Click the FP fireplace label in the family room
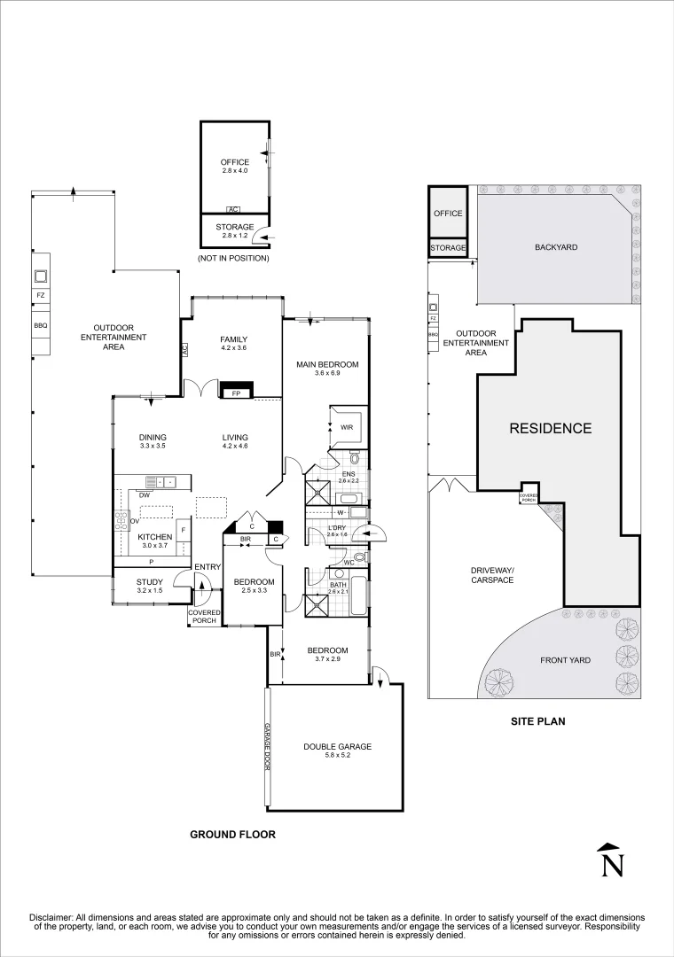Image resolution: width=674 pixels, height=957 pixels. click(236, 393)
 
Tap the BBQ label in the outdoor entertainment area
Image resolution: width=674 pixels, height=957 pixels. click(40, 325)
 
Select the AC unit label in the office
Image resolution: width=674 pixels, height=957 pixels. click(233, 209)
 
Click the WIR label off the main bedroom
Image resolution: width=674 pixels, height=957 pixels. click(347, 428)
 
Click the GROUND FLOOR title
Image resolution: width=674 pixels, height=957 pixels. click(233, 835)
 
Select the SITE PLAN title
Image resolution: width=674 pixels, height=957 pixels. click(537, 720)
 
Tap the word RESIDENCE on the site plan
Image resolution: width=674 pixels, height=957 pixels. click(551, 429)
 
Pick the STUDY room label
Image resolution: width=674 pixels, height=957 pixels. click(150, 582)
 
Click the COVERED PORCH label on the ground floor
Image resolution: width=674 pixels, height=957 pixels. click(204, 617)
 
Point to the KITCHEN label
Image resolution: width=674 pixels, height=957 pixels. click(154, 537)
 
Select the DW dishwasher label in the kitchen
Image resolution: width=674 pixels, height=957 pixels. click(145, 495)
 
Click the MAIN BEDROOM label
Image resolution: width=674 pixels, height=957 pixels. click(327, 364)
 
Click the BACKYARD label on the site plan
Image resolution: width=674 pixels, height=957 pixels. click(556, 247)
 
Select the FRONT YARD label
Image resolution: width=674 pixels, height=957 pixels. click(565, 660)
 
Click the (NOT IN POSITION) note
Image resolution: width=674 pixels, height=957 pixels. click(233, 258)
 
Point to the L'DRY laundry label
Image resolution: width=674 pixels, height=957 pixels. click(337, 527)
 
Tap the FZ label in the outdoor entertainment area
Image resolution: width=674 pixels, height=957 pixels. click(40, 295)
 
